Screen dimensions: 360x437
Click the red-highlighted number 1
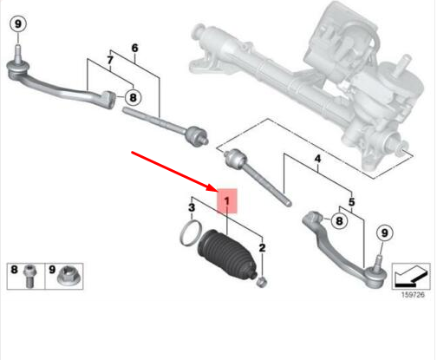click(x=226, y=203)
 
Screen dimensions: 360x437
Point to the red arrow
click(x=173, y=171)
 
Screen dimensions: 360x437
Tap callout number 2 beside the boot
click(x=262, y=249)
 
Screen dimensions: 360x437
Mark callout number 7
click(x=109, y=59)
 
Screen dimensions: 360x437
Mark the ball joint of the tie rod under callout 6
click(x=196, y=134)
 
